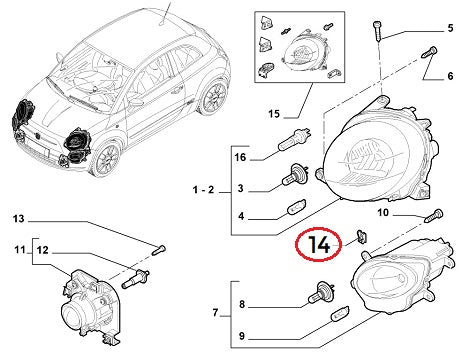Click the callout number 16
[239, 157]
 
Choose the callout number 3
[240, 187]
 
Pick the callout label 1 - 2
[203, 187]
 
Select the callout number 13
[18, 218]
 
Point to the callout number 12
[41, 250]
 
